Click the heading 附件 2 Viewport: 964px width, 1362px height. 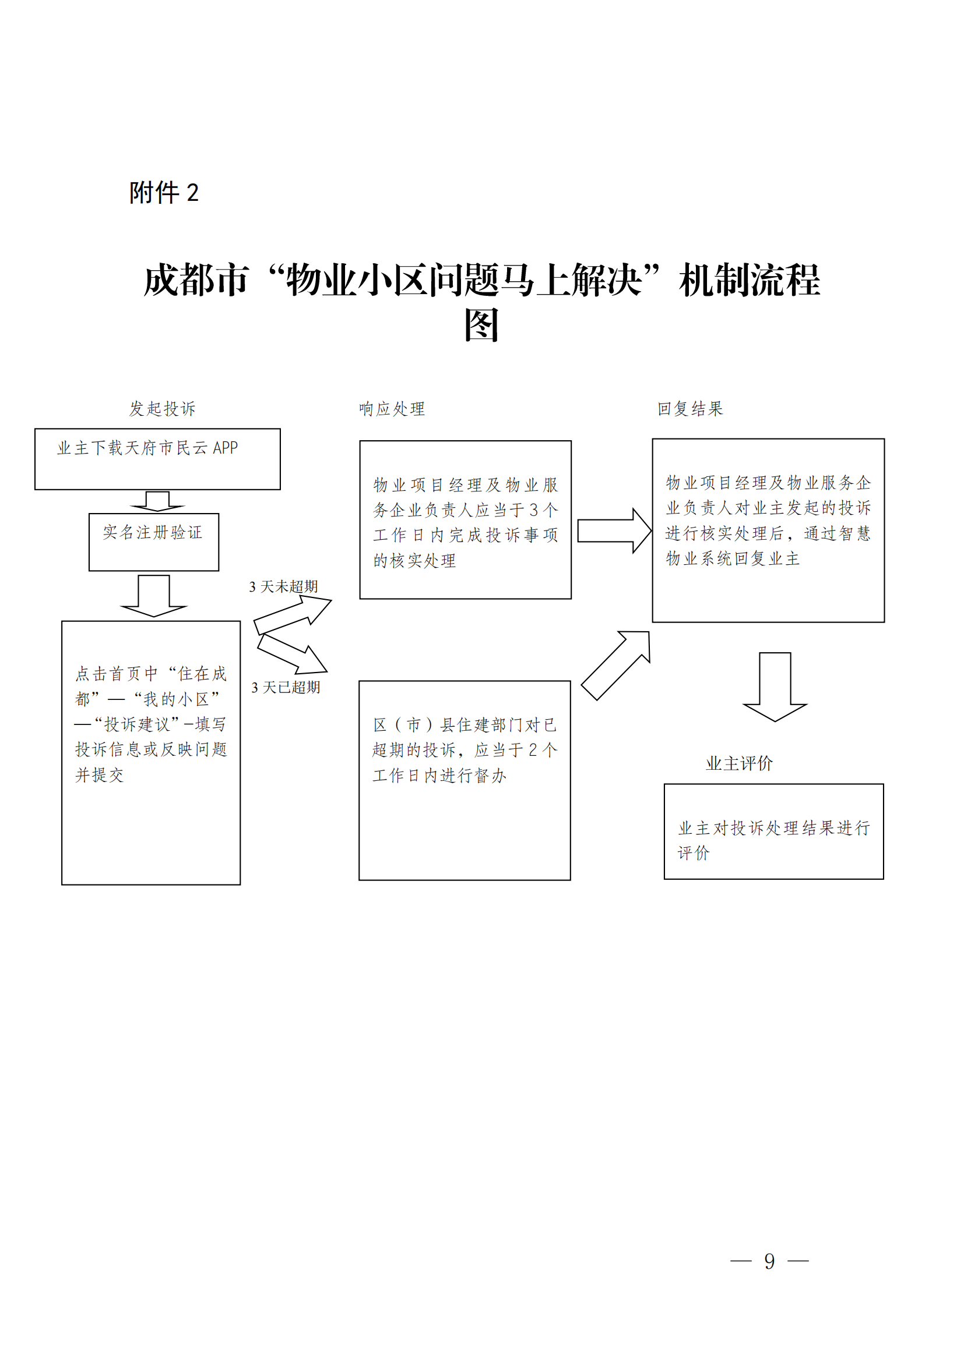(x=164, y=193)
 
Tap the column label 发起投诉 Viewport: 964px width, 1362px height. (x=162, y=409)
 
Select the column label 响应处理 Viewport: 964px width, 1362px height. (x=392, y=409)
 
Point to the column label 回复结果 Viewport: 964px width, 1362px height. (x=689, y=409)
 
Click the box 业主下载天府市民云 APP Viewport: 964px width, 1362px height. (x=157, y=459)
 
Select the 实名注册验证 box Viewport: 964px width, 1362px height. (x=154, y=542)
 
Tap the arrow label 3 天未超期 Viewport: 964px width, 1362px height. (x=284, y=587)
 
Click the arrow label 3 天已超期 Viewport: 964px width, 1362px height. (x=286, y=688)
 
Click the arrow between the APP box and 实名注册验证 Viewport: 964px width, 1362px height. (x=157, y=501)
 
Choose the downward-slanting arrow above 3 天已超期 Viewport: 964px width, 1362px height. (x=293, y=655)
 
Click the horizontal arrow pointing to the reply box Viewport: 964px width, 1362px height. (x=614, y=530)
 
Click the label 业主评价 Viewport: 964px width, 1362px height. (x=739, y=763)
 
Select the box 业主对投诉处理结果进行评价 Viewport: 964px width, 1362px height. (x=773, y=831)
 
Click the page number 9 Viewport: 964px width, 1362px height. (x=769, y=1261)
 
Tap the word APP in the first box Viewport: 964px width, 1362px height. (x=226, y=448)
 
